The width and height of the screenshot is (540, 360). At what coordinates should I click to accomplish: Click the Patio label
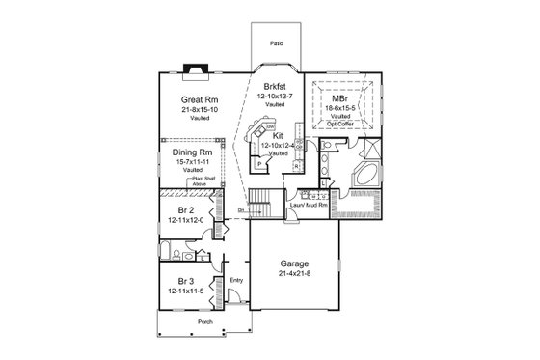click(x=277, y=44)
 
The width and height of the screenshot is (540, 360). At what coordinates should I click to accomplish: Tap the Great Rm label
click(x=198, y=99)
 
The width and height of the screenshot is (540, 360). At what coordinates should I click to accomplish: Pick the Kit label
click(x=277, y=137)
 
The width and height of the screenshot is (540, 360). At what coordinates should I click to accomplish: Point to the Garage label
click(x=293, y=263)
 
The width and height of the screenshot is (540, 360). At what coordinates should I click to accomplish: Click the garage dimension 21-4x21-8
click(x=293, y=274)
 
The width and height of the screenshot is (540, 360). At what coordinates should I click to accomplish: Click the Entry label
click(x=236, y=280)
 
